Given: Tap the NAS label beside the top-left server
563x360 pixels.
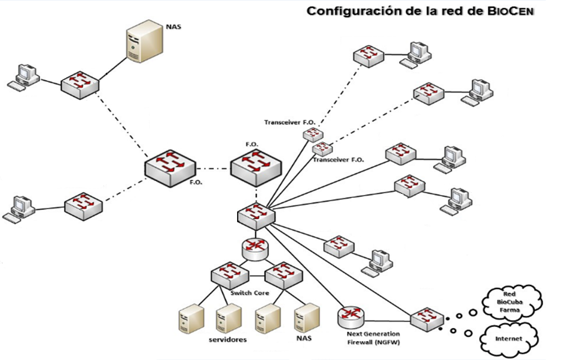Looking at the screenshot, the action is pyautogui.click(x=174, y=26).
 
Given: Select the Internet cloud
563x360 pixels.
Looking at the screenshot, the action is pyautogui.click(x=508, y=337).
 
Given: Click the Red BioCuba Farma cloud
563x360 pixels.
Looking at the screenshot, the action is pyautogui.click(x=510, y=301).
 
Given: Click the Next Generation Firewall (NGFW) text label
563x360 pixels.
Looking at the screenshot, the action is pyautogui.click(x=373, y=338).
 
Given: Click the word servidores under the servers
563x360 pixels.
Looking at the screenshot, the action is pyautogui.click(x=228, y=339).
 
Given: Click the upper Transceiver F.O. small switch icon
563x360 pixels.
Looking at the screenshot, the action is pyautogui.click(x=312, y=134).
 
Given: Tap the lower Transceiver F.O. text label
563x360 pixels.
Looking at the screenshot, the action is pyautogui.click(x=339, y=159).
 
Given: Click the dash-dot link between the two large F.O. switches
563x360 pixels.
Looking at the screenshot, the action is pyautogui.click(x=213, y=167).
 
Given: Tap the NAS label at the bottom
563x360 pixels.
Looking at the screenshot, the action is pyautogui.click(x=304, y=338).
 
